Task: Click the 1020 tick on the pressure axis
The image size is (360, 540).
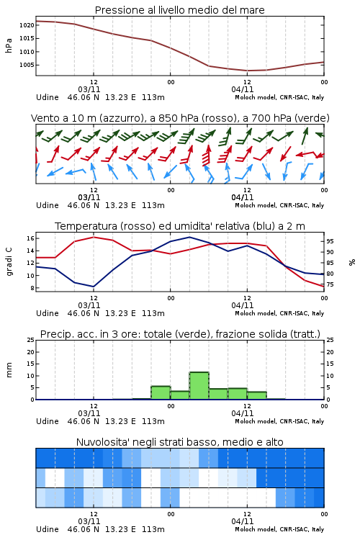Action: pyautogui.click(x=27, y=25)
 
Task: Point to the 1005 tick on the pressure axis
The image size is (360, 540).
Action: pyautogui.click(x=27, y=65)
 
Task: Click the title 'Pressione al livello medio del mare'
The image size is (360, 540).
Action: pyautogui.click(x=180, y=10)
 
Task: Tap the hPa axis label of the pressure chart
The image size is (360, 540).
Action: pyautogui.click(x=9, y=45)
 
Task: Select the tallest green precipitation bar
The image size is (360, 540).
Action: pyautogui.click(x=199, y=386)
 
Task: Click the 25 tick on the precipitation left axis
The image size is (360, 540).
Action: pyautogui.click(x=31, y=340)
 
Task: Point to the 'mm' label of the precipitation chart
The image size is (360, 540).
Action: pyautogui.click(x=9, y=370)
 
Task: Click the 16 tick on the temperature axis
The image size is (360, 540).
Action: pyautogui.click(x=30, y=238)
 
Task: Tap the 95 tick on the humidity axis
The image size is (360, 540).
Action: pyautogui.click(x=330, y=241)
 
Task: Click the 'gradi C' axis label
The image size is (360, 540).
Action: pyautogui.click(x=9, y=262)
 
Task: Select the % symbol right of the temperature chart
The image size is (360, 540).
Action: pyautogui.click(x=352, y=262)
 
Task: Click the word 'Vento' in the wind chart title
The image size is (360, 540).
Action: pyautogui.click(x=43, y=118)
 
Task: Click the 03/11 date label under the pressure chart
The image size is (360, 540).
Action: pyautogui.click(x=89, y=89)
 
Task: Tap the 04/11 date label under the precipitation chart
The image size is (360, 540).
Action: pyautogui.click(x=243, y=413)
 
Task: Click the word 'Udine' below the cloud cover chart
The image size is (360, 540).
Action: pyautogui.click(x=48, y=529)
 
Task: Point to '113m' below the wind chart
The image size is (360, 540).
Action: pyautogui.click(x=153, y=205)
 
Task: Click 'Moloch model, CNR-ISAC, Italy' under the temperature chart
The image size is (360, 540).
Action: pyautogui.click(x=279, y=313)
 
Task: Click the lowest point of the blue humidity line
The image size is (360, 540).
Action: pyautogui.click(x=94, y=287)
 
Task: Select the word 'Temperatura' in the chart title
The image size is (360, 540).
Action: pyautogui.click(x=86, y=226)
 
